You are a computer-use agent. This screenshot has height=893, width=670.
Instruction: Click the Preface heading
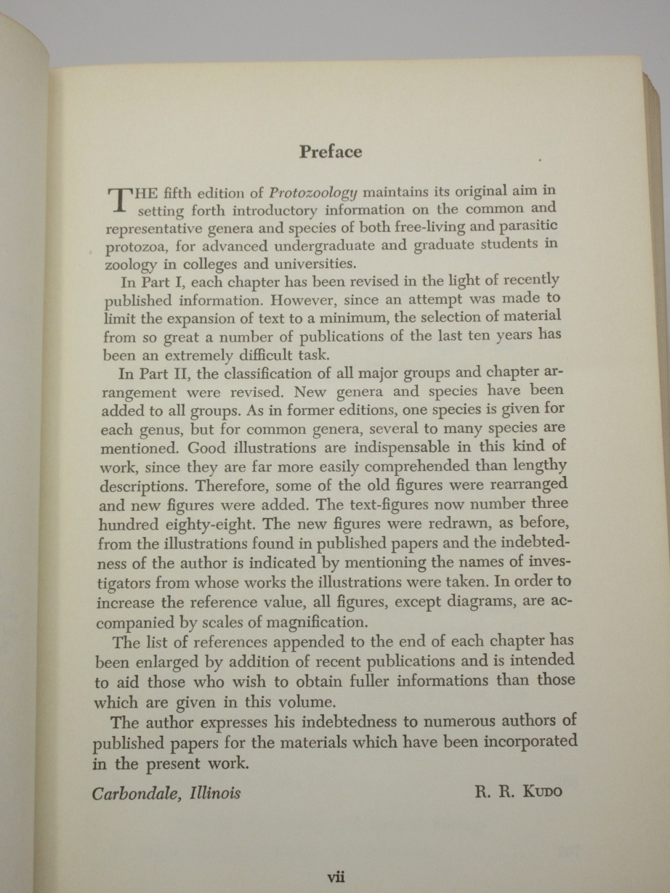tap(331, 152)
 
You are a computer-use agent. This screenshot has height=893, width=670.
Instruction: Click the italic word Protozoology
tap(312, 193)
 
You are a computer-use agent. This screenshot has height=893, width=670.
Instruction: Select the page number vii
tap(335, 877)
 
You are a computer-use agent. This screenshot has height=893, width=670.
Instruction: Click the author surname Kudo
tap(538, 791)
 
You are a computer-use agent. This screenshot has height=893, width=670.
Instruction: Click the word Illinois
tap(214, 792)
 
